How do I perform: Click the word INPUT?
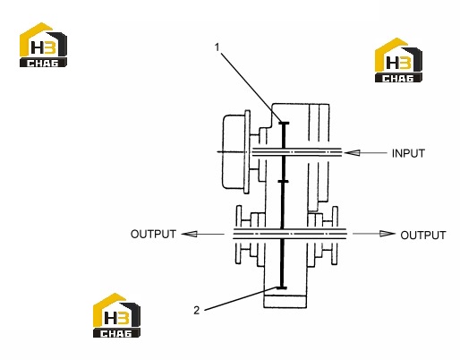408,153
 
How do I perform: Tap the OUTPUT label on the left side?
153,234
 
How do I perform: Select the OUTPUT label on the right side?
423,236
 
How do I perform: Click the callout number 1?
217,47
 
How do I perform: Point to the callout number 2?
196,311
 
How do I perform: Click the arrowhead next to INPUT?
352,153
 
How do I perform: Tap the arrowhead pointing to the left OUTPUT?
189,234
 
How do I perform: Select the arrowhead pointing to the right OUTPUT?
388,234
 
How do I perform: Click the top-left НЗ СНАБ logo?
43,45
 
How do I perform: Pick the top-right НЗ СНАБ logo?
398,60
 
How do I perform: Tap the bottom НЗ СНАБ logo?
116,315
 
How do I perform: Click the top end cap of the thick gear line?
284,123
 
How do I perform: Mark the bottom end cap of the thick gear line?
281,288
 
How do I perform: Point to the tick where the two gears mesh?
283,181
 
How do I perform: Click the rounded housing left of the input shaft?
234,151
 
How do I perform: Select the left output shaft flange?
238,235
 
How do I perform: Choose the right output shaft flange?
335,236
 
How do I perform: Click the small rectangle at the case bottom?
285,302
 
